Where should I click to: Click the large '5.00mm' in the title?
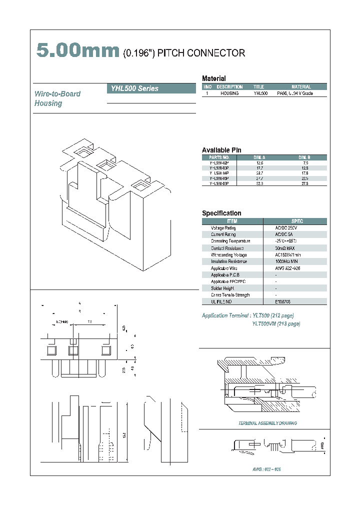coord(78,51)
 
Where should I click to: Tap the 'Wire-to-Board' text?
coord(57,94)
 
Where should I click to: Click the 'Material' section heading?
coord(213,78)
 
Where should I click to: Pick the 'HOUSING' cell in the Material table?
coord(229,93)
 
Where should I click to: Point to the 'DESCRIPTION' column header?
coord(229,87)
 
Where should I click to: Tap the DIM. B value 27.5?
coord(304,184)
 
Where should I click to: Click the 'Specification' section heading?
coord(221,213)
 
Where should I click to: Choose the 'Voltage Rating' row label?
coord(223,228)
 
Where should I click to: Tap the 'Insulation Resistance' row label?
coord(228,261)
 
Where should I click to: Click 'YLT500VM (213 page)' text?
coord(276,324)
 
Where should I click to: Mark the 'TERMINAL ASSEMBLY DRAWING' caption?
coord(267,423)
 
